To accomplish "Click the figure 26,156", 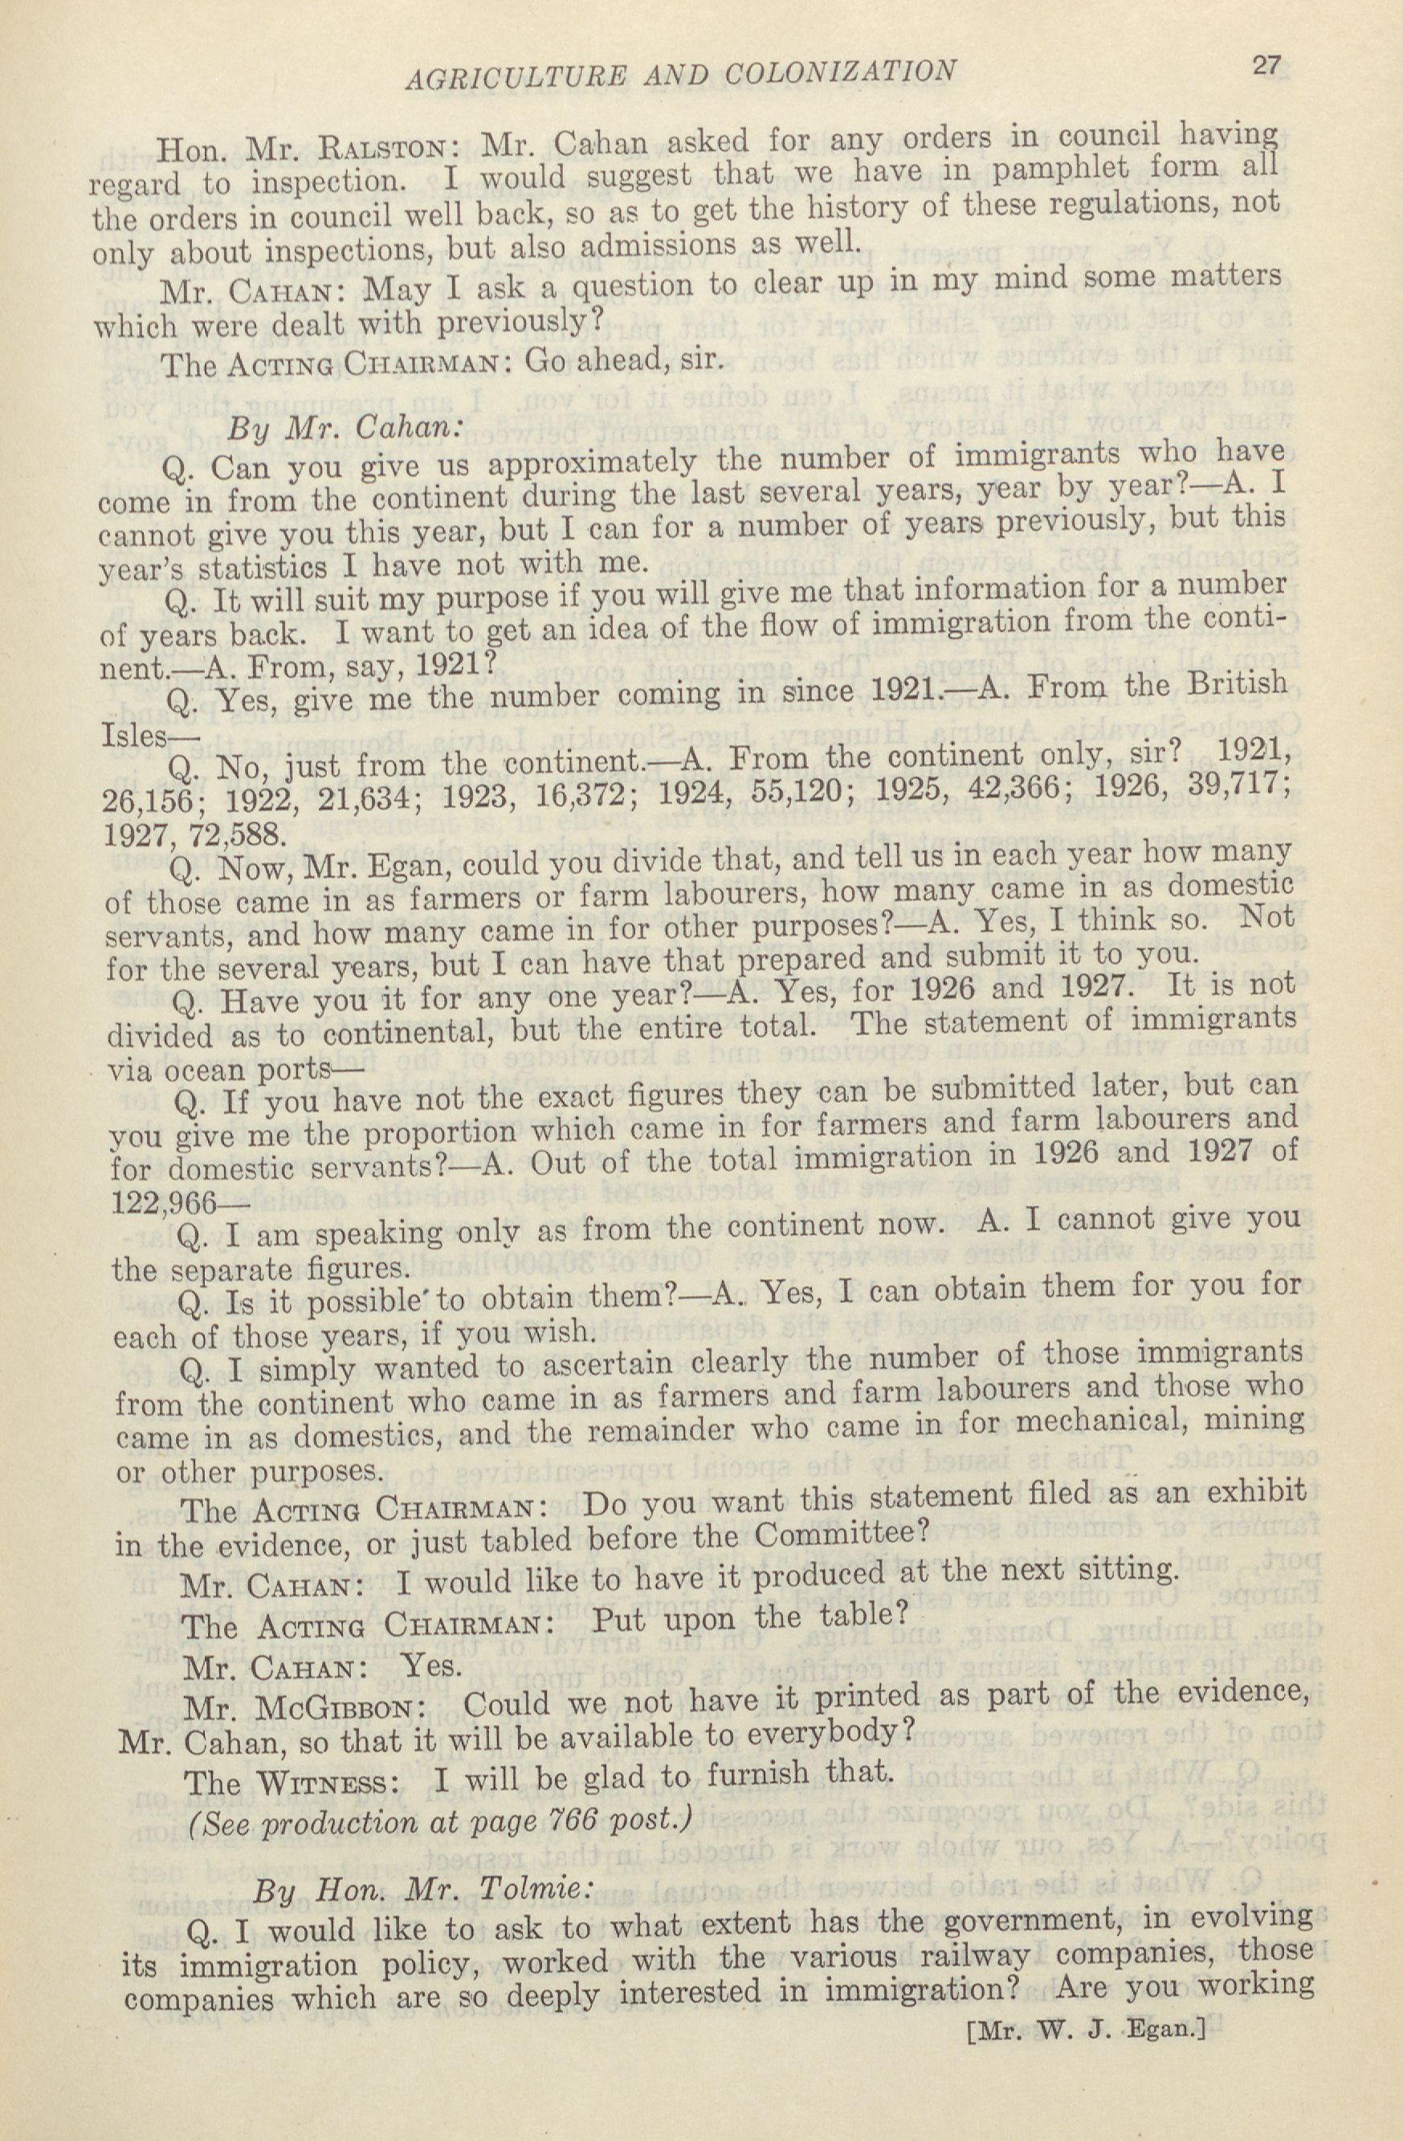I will point(148,801).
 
